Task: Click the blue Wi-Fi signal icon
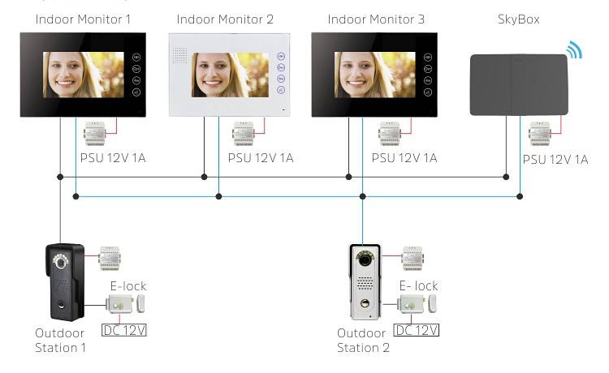point(574,50)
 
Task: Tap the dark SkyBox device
point(520,84)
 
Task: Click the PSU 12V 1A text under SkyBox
point(555,160)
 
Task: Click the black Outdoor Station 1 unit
point(63,280)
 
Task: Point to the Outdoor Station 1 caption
point(60,341)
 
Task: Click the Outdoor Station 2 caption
point(363,341)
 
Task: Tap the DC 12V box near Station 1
point(124,330)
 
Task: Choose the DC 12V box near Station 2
point(416,330)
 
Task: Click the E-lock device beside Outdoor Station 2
point(416,305)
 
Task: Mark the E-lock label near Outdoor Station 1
point(128,285)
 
